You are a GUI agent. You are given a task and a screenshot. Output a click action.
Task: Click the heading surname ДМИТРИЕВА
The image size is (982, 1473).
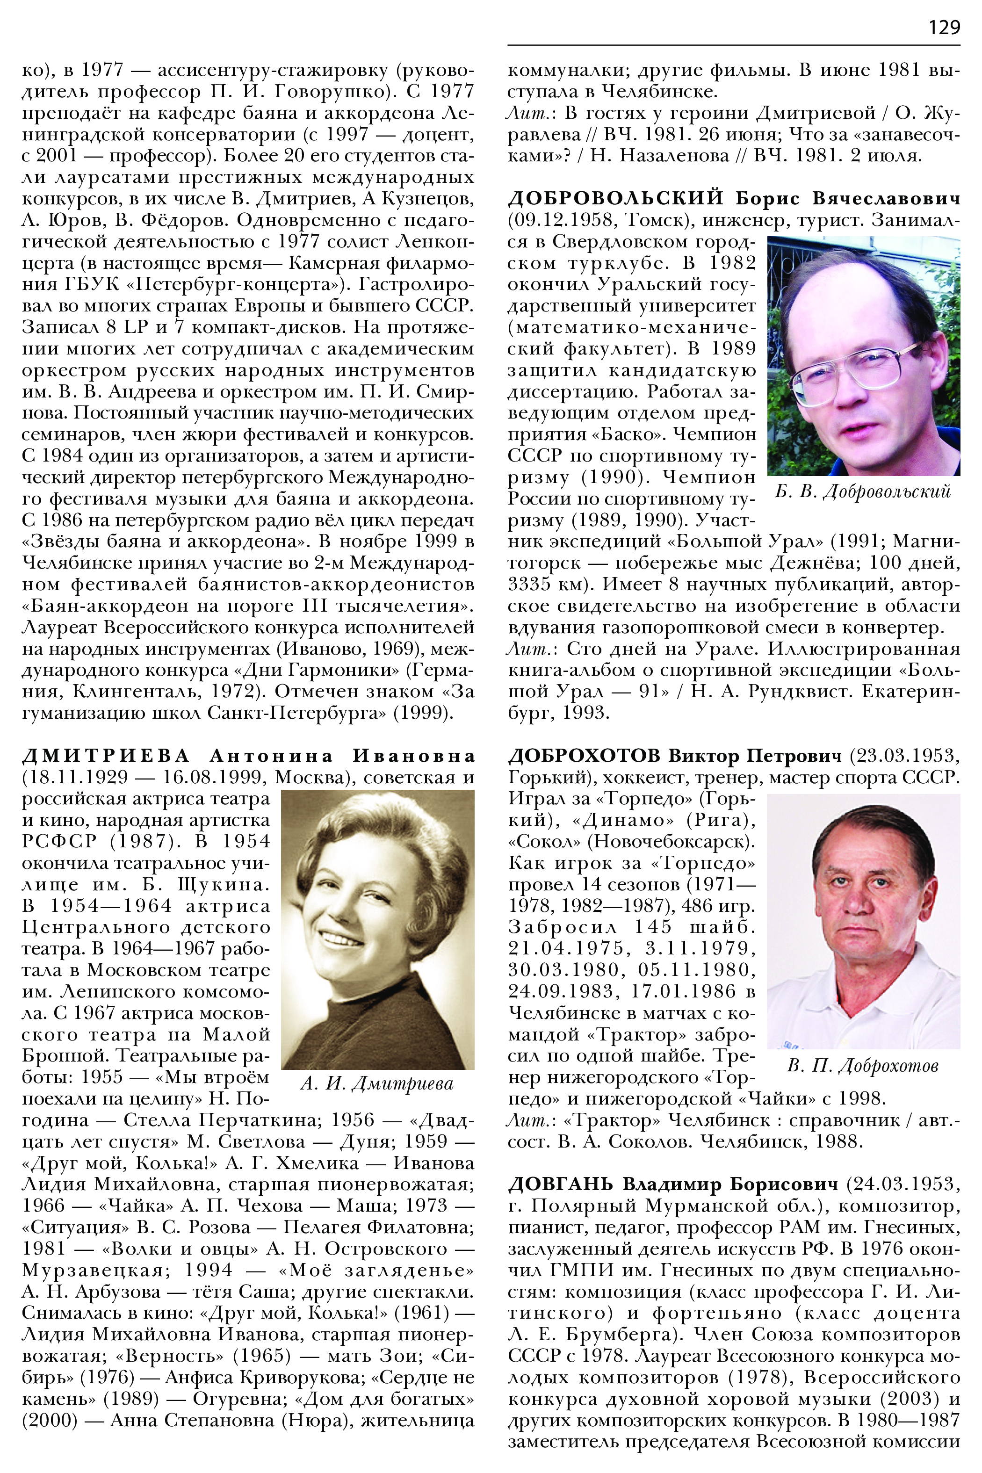click(105, 756)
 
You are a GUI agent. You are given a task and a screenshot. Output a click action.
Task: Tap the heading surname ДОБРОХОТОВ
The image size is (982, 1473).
click(584, 756)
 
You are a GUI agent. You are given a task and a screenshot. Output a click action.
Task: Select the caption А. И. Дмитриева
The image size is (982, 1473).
click(377, 1083)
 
